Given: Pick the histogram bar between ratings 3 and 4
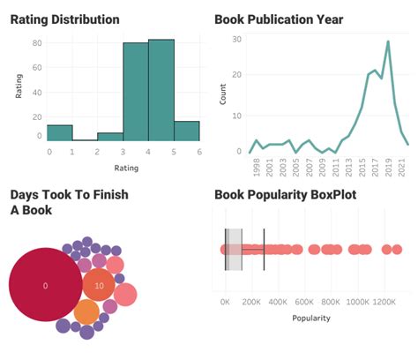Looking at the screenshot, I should pos(135,92).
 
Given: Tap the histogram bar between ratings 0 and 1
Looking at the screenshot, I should pos(59,132).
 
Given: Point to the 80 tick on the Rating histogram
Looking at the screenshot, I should pos(36,42).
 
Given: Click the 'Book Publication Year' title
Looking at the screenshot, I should pos(279,19).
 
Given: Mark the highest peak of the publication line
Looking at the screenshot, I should pos(387,41).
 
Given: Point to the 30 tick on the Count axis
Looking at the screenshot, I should pos(235,39).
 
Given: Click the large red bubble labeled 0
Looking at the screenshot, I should pos(45,286).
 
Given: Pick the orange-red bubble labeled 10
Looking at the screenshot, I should pos(99,286).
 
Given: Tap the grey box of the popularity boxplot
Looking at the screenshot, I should pos(233,250).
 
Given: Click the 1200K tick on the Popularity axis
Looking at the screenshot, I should pos(385,301).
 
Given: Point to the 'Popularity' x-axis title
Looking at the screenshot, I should pos(311,317).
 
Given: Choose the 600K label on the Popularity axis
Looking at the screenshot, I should pos(305,301).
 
